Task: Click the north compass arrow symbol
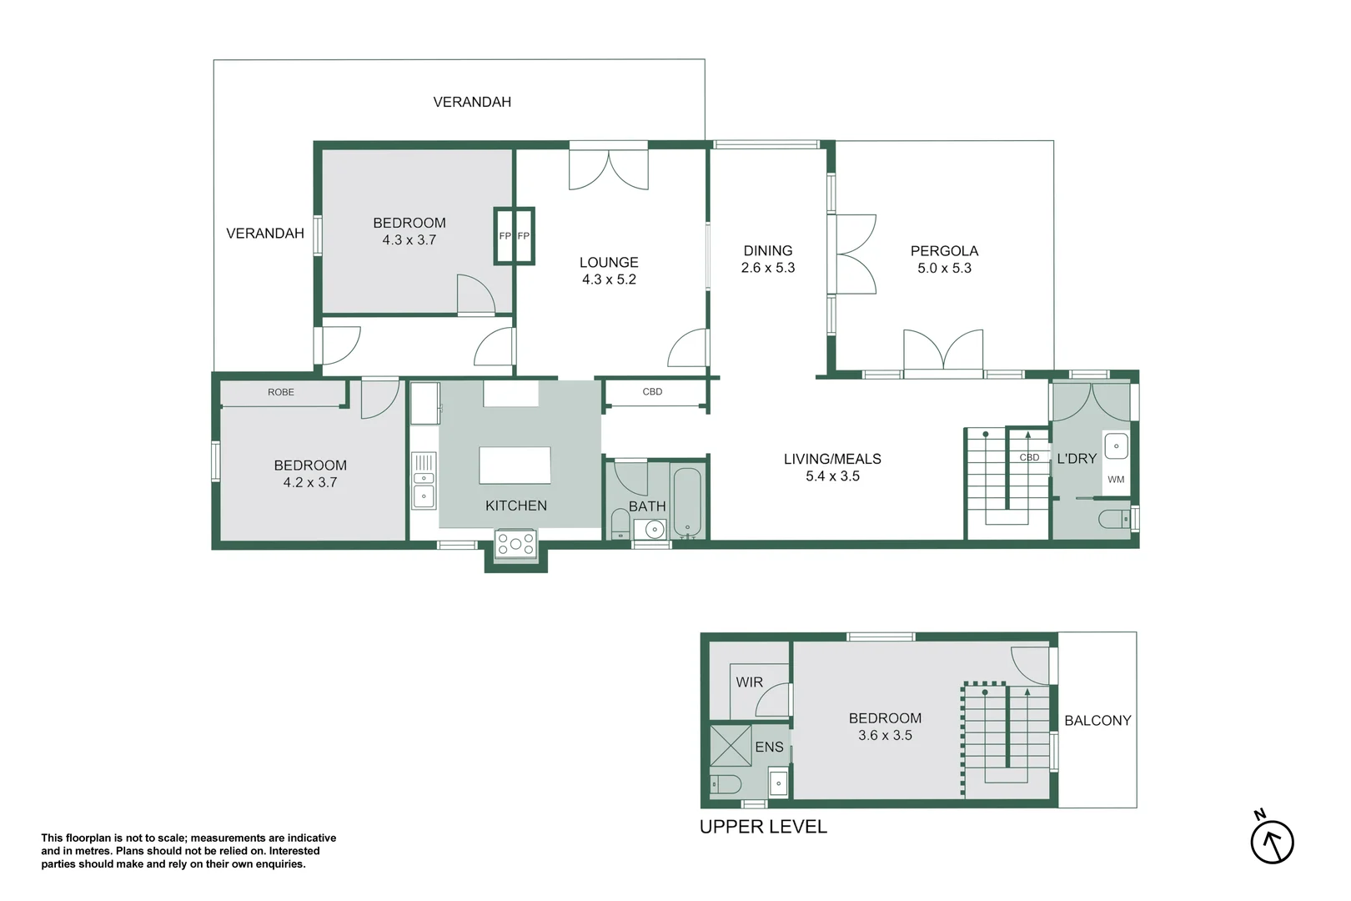tap(1272, 841)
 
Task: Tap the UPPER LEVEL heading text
tap(762, 827)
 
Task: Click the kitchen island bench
tap(515, 466)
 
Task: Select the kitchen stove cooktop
tap(515, 544)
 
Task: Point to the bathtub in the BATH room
tap(688, 502)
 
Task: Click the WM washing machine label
tap(1116, 480)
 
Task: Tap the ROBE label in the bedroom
tap(281, 392)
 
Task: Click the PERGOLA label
tap(944, 251)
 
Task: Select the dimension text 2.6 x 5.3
tap(767, 268)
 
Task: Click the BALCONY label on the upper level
tap(1097, 721)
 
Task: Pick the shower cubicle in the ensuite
tap(731, 746)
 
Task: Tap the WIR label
tap(749, 682)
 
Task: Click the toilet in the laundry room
tap(1113, 519)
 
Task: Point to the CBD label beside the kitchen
tap(652, 392)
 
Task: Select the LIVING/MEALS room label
tap(832, 459)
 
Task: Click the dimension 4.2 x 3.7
tap(310, 482)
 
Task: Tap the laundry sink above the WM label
tap(1116, 446)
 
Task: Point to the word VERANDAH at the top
tap(472, 102)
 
